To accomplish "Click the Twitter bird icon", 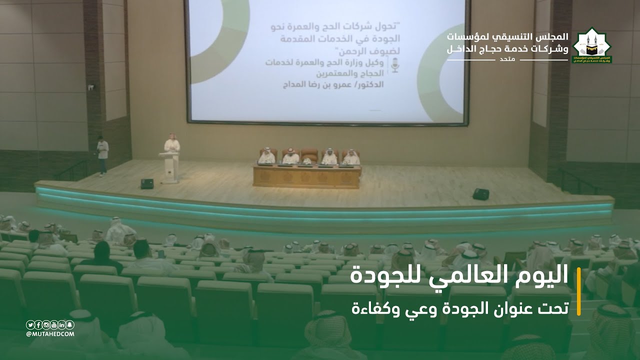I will tap(30, 324).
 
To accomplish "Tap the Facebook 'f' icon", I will tap(38, 324).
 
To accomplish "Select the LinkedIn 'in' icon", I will tap(62, 324).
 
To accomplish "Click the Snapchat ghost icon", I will tap(70, 324).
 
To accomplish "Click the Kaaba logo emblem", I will tap(592, 45).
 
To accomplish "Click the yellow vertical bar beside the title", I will tap(578, 291).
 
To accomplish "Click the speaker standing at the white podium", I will tap(171, 147).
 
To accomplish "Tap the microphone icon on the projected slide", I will tap(395, 65).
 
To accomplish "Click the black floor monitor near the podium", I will tap(147, 183).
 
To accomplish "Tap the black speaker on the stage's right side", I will tap(480, 194).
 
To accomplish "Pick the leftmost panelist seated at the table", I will tap(266, 156).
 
